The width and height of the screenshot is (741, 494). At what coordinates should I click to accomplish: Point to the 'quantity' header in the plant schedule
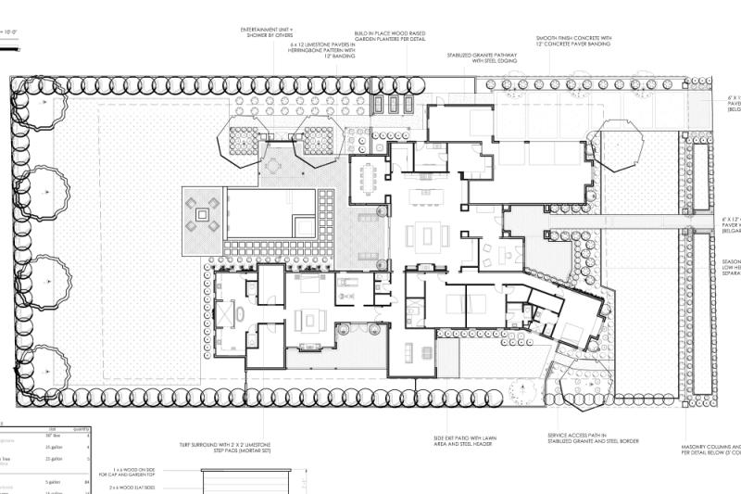point(82,429)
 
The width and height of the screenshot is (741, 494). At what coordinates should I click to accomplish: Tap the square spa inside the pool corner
point(303,225)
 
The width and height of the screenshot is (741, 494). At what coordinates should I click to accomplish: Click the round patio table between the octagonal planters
point(275,166)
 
